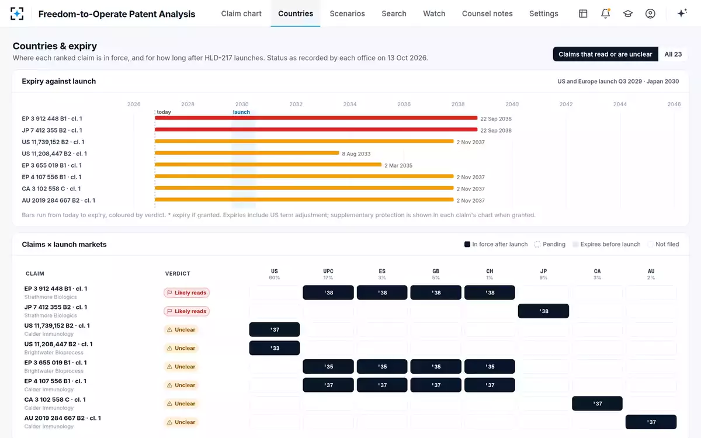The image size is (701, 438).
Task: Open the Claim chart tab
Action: click(241, 13)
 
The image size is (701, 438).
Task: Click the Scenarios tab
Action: click(347, 13)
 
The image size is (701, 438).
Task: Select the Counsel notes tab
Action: click(487, 13)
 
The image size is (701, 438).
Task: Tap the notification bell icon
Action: click(606, 13)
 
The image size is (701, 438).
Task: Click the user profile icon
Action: click(650, 13)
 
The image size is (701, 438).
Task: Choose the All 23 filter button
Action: click(673, 54)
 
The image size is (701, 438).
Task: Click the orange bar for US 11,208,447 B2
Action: click(247, 153)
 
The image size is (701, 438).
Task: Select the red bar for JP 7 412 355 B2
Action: click(316, 130)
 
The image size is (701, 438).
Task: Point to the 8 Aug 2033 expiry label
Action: click(356, 154)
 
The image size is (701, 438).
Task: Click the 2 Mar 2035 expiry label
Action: click(398, 165)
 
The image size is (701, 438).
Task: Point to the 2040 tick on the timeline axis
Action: click(512, 104)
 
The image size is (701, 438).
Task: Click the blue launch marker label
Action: click(241, 112)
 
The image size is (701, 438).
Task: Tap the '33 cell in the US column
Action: click(275, 348)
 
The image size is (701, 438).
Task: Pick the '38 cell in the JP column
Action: click(543, 311)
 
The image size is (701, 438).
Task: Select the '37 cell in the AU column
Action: click(651, 422)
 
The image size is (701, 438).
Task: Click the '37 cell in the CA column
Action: click(597, 404)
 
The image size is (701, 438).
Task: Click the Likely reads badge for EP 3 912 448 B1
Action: click(186, 293)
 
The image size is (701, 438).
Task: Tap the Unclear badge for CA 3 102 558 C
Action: click(181, 404)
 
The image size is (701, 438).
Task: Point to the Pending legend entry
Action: click(550, 244)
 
